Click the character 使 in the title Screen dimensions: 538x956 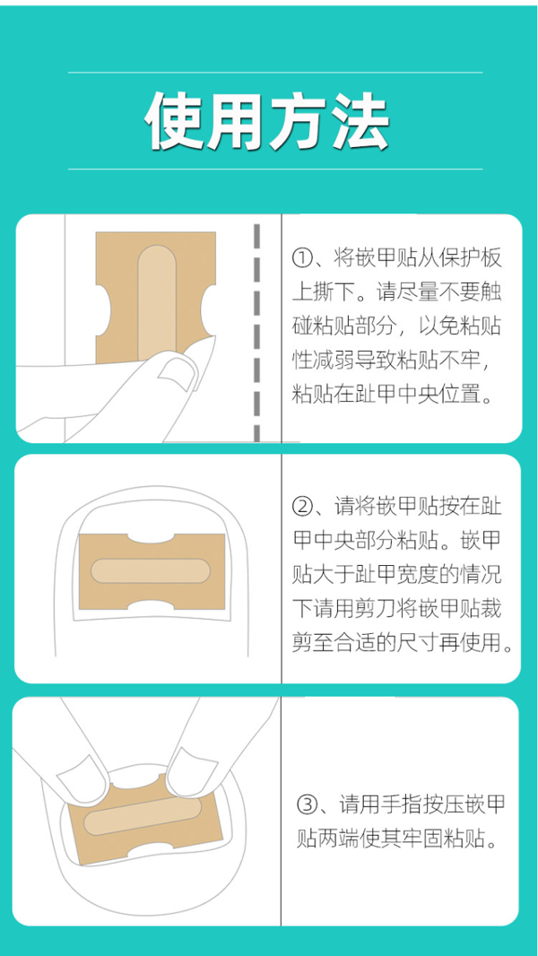point(175,120)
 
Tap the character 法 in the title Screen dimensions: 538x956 point(360,120)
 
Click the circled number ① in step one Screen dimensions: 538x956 point(303,259)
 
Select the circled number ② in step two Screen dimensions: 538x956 point(303,506)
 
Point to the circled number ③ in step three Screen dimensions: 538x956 point(307,804)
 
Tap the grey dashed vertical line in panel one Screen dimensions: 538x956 point(256,333)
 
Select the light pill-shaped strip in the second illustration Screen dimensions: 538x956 point(151,570)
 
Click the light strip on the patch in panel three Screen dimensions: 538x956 point(142,814)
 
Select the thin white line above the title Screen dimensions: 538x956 point(275,73)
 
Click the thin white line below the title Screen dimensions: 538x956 point(275,169)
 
